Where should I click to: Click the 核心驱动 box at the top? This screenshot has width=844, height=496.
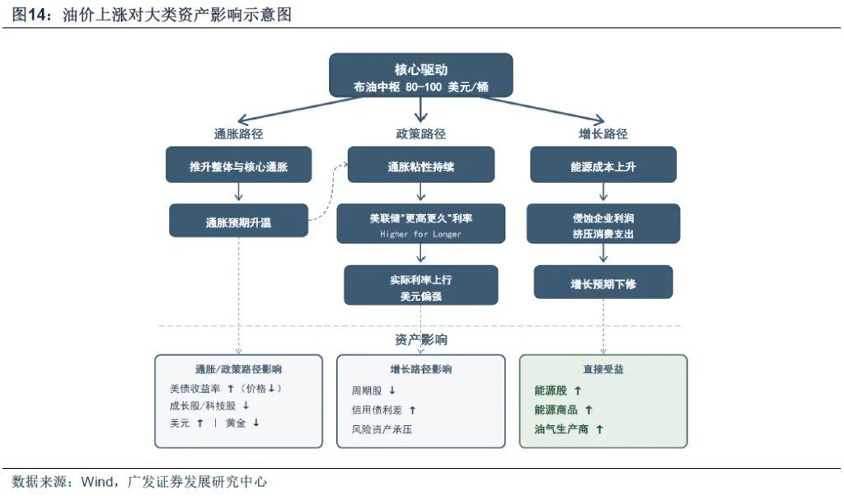(x=420, y=76)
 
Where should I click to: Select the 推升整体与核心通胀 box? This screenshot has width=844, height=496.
(x=238, y=166)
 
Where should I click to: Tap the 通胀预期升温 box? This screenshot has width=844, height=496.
(x=238, y=222)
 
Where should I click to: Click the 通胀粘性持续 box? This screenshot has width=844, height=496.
(x=420, y=166)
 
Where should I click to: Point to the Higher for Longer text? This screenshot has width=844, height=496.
(x=420, y=234)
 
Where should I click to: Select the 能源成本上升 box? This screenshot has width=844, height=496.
(x=603, y=166)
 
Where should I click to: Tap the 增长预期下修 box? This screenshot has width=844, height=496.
(x=603, y=283)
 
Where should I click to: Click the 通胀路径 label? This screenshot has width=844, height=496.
(x=238, y=133)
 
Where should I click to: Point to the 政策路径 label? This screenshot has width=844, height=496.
(x=420, y=133)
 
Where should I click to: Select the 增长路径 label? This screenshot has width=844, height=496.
(x=603, y=133)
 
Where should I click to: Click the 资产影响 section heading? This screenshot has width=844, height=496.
(x=420, y=339)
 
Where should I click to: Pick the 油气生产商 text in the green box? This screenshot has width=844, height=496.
(x=561, y=429)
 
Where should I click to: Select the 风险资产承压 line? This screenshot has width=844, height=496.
(x=381, y=429)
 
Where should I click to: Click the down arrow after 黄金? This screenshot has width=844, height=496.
(x=256, y=423)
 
